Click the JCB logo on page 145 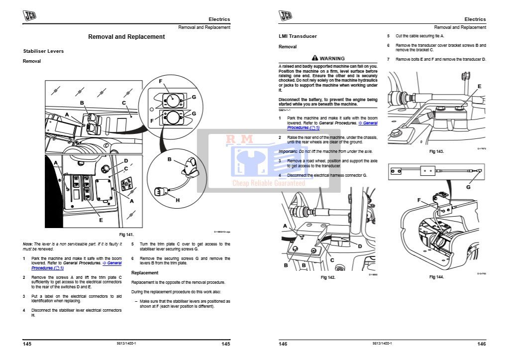[29, 16]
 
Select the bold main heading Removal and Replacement [126, 37]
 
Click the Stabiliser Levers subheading [43, 51]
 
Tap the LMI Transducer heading [298, 36]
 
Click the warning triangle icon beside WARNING [315, 58]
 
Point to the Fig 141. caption [126, 234]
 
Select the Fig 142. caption [328, 277]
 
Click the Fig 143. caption [436, 151]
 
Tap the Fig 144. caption [436, 276]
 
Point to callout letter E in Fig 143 [479, 86]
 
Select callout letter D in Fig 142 [359, 246]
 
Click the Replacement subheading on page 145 [144, 273]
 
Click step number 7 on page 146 [389, 59]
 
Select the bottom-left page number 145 [27, 344]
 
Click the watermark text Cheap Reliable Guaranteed [269, 183]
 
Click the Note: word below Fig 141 [27, 244]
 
